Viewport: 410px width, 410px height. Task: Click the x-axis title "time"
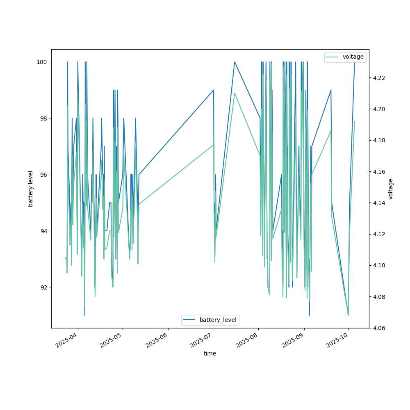[210, 353]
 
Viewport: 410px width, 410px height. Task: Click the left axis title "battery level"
[31, 189]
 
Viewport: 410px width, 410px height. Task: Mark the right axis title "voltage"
[390, 189]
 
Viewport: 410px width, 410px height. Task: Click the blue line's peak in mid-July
[235, 62]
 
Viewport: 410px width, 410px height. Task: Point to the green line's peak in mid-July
[235, 93]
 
